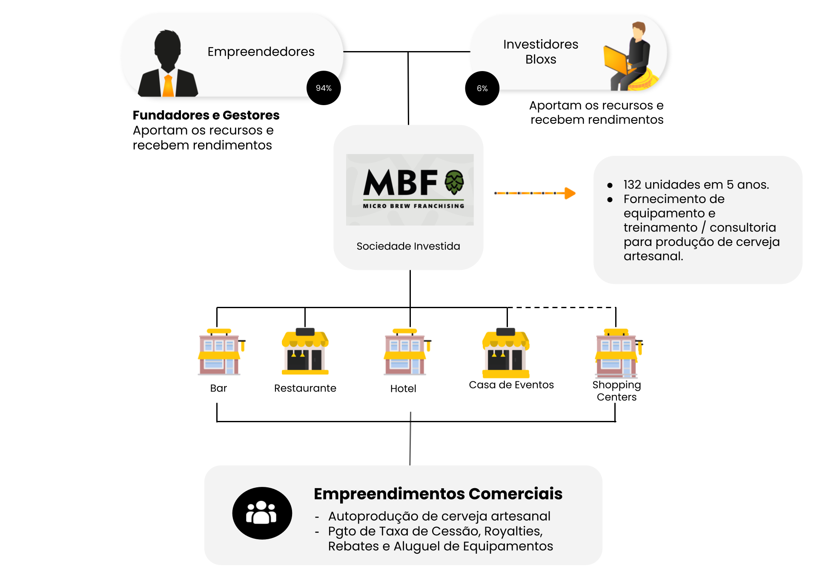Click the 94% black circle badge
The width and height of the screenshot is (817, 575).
(x=324, y=88)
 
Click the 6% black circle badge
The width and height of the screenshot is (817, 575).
(x=482, y=89)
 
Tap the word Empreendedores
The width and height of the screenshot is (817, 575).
(x=261, y=51)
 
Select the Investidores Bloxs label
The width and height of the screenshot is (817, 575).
(x=540, y=51)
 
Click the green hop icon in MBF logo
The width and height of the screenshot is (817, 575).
(x=454, y=182)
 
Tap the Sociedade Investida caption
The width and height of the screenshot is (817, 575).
(x=408, y=246)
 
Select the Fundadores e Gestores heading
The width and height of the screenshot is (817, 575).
(x=206, y=115)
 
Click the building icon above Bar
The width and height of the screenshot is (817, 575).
(x=220, y=352)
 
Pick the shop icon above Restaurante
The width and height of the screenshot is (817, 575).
(x=305, y=352)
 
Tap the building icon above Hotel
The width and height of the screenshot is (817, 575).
(x=406, y=352)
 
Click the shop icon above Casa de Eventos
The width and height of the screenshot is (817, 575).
(x=506, y=353)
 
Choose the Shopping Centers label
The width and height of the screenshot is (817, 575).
(x=616, y=391)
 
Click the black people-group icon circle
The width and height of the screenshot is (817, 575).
(x=262, y=513)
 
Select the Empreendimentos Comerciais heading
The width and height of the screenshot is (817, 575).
(x=438, y=494)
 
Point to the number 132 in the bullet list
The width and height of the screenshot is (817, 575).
(x=632, y=185)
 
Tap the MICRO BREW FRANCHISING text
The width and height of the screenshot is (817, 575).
(x=413, y=206)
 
